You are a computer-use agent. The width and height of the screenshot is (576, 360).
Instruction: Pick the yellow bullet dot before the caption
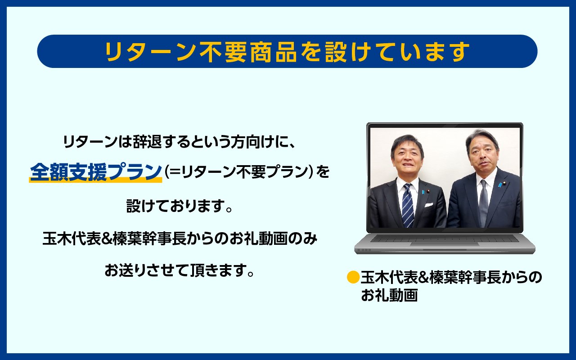(353, 278)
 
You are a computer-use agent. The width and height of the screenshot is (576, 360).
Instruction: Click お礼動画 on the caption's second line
(389, 295)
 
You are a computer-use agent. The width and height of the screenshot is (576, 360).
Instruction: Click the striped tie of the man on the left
(408, 205)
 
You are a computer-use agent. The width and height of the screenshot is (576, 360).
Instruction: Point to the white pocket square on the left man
(427, 205)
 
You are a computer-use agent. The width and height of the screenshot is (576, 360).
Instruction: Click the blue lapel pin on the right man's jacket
(500, 184)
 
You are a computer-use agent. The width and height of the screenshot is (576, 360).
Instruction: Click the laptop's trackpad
(445, 244)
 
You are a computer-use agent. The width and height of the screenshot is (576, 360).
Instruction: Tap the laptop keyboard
(445, 238)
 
